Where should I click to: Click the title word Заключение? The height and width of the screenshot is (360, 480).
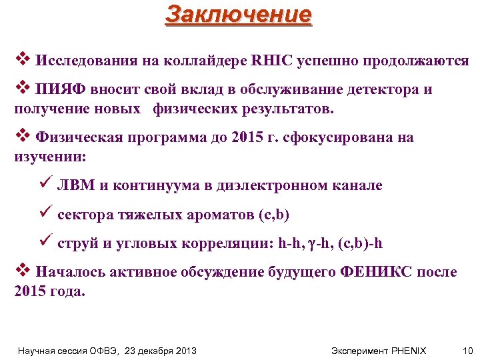click(239, 14)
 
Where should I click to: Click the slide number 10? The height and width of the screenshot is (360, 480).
click(466, 350)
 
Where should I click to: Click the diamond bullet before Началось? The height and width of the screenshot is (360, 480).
click(21, 271)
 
